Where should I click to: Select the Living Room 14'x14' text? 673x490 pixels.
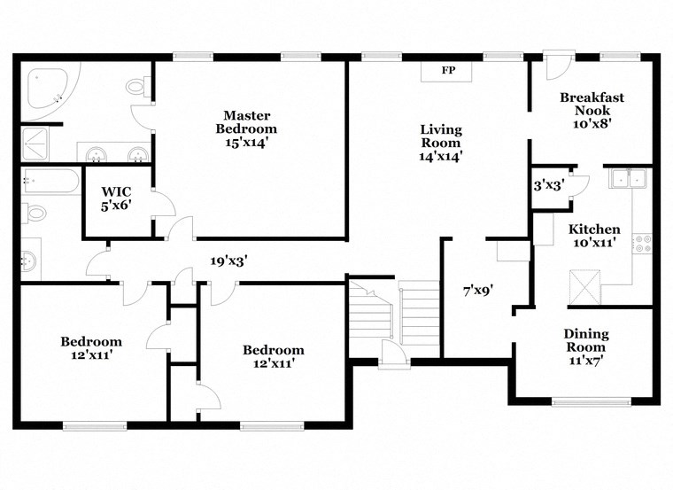pyautogui.click(x=441, y=143)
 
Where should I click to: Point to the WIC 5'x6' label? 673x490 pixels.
pyautogui.click(x=116, y=198)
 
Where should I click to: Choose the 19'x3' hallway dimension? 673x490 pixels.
pyautogui.click(x=228, y=261)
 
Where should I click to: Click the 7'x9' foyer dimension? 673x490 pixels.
pyautogui.click(x=477, y=290)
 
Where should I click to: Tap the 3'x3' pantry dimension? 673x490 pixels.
pyautogui.click(x=547, y=186)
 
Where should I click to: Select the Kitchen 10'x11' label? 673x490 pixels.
pyautogui.click(x=594, y=237)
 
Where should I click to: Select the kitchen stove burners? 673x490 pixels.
pyautogui.click(x=644, y=244)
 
